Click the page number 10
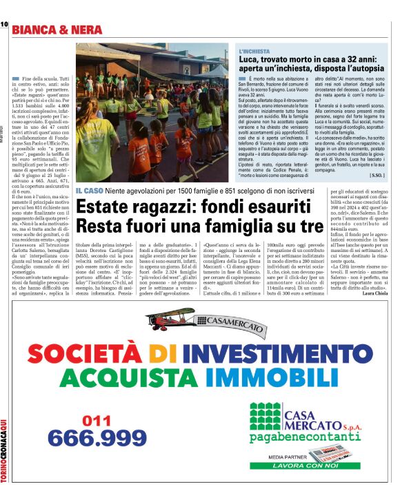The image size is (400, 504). [3, 25]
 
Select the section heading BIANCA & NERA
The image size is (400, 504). [57, 30]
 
